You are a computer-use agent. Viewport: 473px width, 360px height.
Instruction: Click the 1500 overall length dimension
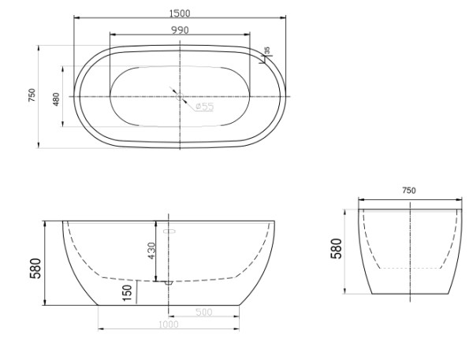[x=180, y=13]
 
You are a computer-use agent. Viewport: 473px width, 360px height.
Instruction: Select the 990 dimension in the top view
[x=180, y=30]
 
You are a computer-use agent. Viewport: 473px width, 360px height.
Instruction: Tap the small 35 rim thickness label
[x=267, y=50]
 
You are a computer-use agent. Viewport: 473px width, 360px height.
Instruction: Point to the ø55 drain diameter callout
[x=204, y=106]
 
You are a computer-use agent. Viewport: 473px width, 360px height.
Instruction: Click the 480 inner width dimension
[x=57, y=99]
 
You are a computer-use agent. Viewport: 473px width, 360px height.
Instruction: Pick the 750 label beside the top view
[x=32, y=95]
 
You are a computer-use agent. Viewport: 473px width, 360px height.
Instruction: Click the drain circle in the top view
[x=180, y=96]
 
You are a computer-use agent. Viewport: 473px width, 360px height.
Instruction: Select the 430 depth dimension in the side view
[x=151, y=251]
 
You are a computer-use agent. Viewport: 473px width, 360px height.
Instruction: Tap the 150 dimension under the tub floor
[x=127, y=293]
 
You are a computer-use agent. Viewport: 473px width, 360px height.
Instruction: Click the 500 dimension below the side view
[x=204, y=312]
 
